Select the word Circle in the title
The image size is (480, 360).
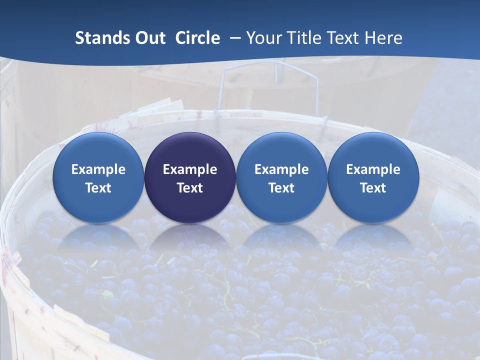coord(197,38)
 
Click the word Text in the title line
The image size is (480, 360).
coord(344,38)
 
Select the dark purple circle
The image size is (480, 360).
coord(190,177)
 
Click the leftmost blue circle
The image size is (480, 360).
coord(98,177)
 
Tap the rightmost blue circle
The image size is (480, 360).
coord(373,177)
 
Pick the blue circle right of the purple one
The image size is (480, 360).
coord(281,177)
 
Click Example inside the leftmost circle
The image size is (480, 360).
coord(98,169)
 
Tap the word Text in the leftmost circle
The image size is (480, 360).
coord(98,188)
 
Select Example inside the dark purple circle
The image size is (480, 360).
coord(190,169)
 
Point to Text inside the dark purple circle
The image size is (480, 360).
coord(190,188)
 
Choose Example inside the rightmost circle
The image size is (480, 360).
coord(373,169)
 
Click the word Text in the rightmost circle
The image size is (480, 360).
coord(373,188)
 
